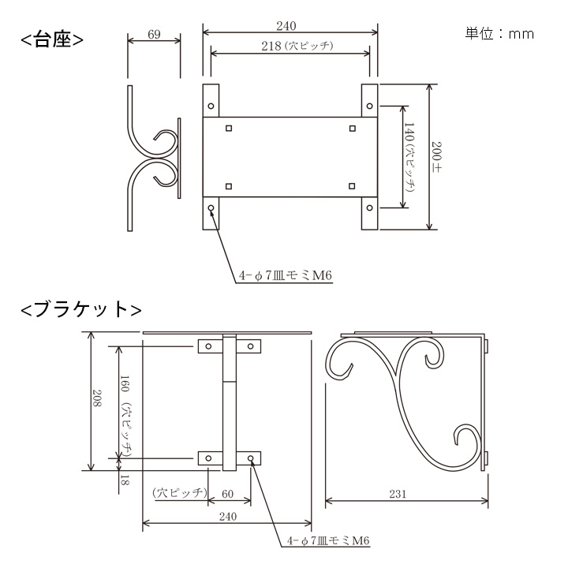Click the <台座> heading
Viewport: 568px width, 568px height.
52,39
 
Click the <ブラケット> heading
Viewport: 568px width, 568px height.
81,309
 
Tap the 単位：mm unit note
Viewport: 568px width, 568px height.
499,33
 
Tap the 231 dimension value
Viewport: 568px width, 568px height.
398,495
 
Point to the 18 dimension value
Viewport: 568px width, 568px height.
124,479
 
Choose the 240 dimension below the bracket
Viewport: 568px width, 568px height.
227,517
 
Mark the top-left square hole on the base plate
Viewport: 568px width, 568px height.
229,128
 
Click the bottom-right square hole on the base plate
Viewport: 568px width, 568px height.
351,186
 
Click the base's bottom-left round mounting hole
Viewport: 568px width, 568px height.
212,209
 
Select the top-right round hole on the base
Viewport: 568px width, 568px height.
370,105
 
